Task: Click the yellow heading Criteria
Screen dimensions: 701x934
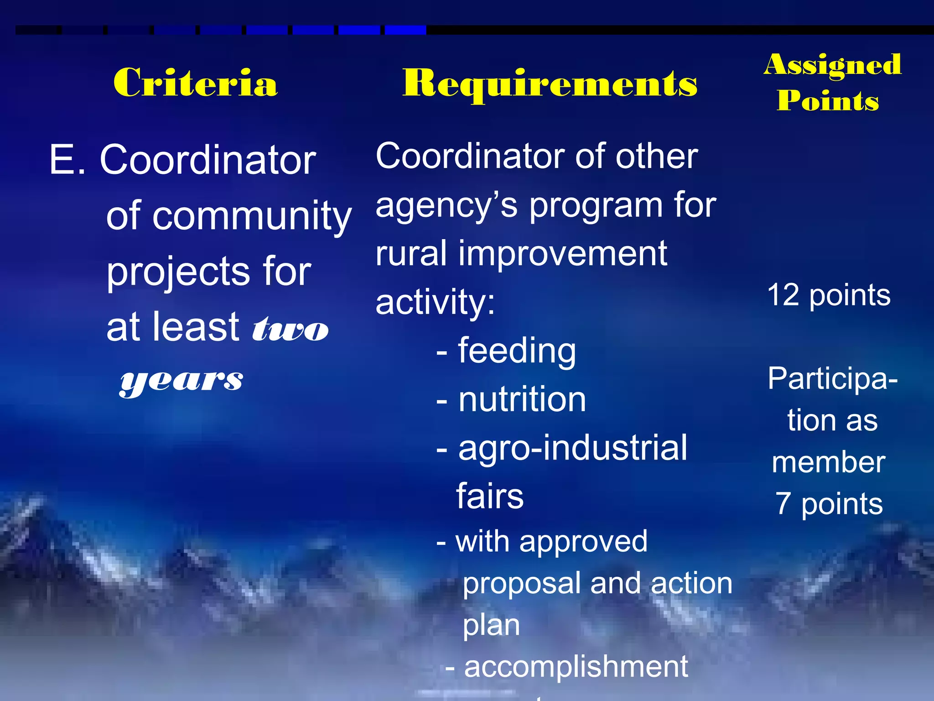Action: [x=195, y=83]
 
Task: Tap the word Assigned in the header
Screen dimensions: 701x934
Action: [x=832, y=64]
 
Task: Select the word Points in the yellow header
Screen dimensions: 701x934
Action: [x=828, y=100]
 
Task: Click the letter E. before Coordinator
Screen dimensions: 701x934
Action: [x=67, y=160]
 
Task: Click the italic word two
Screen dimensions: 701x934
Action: [x=290, y=329]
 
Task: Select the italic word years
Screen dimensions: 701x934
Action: [x=182, y=381]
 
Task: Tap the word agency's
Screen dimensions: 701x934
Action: [x=446, y=206]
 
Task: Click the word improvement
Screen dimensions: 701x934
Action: [x=562, y=254]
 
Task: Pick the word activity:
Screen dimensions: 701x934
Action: [x=435, y=302]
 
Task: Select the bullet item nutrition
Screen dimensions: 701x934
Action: [x=522, y=399]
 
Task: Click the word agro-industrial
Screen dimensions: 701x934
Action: [x=572, y=448]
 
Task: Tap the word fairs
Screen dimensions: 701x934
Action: [x=490, y=496]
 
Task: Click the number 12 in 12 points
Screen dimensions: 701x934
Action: [x=783, y=295]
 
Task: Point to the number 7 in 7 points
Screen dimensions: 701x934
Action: [x=783, y=504]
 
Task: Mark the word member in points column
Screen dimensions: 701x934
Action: [x=828, y=462]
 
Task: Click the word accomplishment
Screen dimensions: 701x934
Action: [x=576, y=667]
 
